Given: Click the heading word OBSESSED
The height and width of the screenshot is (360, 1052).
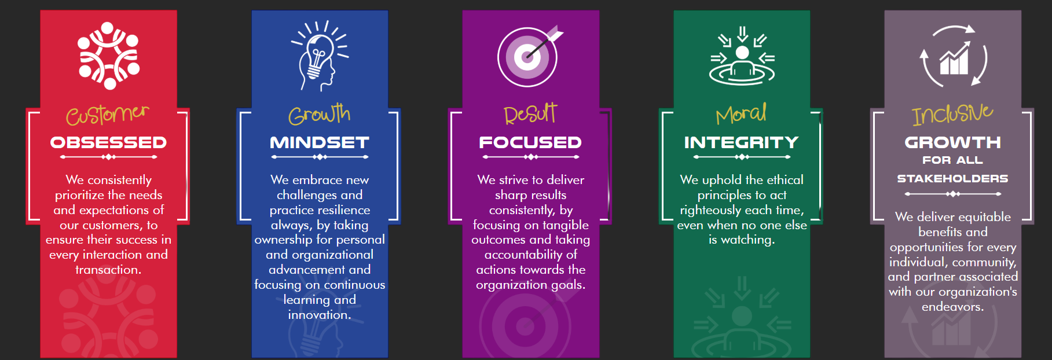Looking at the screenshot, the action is click(x=108, y=142).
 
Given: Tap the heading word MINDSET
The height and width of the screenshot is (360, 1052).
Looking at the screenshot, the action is click(x=320, y=142).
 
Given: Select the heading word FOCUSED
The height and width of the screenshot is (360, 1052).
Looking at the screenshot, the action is click(x=530, y=142).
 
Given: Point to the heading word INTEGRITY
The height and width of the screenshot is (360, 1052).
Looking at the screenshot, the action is click(x=742, y=142).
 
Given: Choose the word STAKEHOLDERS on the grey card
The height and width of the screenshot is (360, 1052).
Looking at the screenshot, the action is click(x=952, y=179).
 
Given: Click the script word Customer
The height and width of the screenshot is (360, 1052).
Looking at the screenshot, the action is click(x=108, y=114).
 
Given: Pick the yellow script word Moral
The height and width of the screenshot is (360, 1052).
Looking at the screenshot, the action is click(x=741, y=113).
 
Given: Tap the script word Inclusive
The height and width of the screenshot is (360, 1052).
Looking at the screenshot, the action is click(x=952, y=113).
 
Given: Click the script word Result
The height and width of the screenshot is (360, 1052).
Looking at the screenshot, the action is click(x=530, y=113).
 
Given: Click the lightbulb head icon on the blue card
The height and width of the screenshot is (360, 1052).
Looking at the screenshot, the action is click(x=319, y=56).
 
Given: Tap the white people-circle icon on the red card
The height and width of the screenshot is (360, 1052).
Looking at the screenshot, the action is click(x=109, y=56).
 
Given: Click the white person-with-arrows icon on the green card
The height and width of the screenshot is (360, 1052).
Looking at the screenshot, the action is click(x=742, y=56).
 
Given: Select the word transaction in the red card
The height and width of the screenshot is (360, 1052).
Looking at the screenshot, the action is click(x=108, y=270).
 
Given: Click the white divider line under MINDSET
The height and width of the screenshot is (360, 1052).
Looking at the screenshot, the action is click(x=320, y=157).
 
